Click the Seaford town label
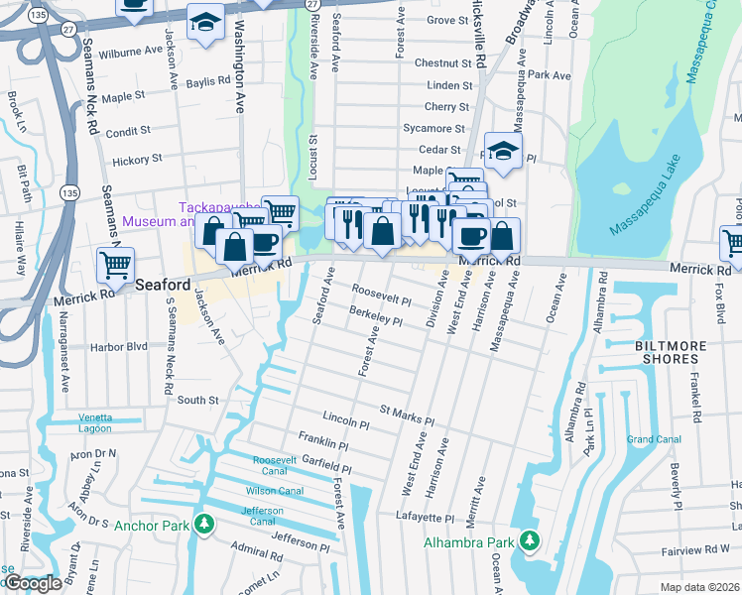click(163, 284)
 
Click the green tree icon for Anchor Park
click(203, 524)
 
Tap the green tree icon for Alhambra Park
click(531, 541)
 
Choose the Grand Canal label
click(653, 439)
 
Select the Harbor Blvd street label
click(118, 347)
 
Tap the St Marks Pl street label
click(407, 413)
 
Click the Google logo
click(32, 583)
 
